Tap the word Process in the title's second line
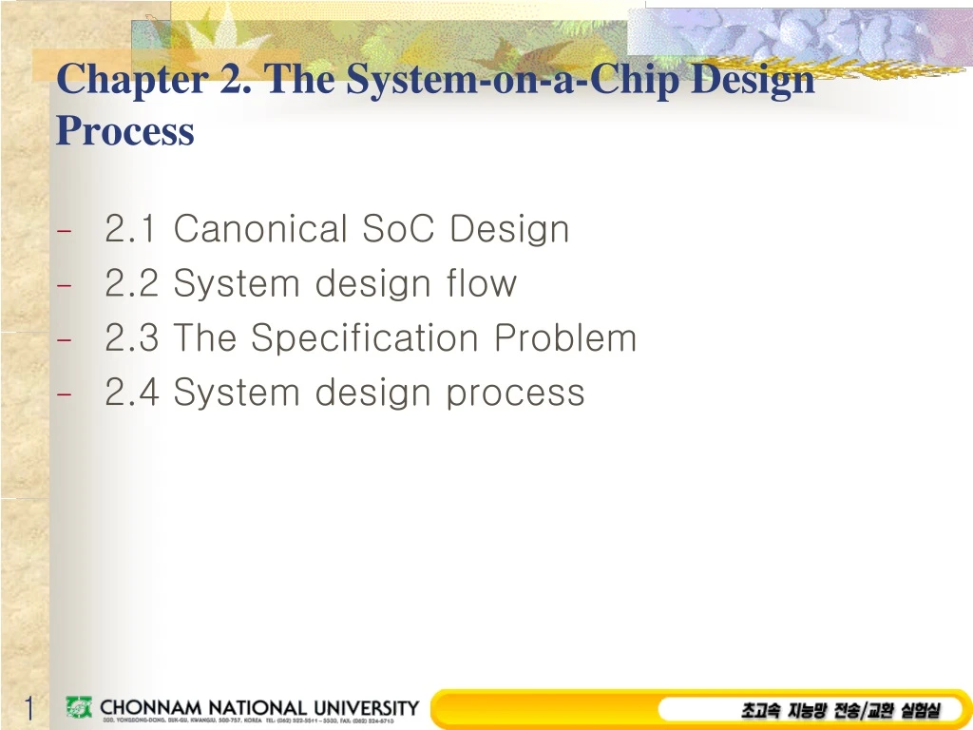point(124,131)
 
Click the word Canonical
point(260,229)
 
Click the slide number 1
point(29,709)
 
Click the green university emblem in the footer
point(79,707)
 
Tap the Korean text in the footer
point(840,710)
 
